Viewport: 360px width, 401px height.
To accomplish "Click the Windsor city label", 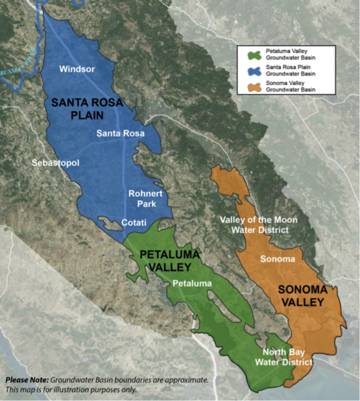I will click(77, 69).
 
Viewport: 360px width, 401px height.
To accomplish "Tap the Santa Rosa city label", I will click(116, 133).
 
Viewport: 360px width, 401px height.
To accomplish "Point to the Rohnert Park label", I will click(146, 199).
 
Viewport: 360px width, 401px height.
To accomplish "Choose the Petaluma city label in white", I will click(191, 284).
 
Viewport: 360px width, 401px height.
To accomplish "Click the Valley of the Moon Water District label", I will click(259, 225).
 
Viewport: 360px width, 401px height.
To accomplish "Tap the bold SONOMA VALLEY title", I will click(301, 296).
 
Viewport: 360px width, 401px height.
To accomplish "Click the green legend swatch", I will click(254, 53).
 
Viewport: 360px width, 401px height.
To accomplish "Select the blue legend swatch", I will click(254, 70).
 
